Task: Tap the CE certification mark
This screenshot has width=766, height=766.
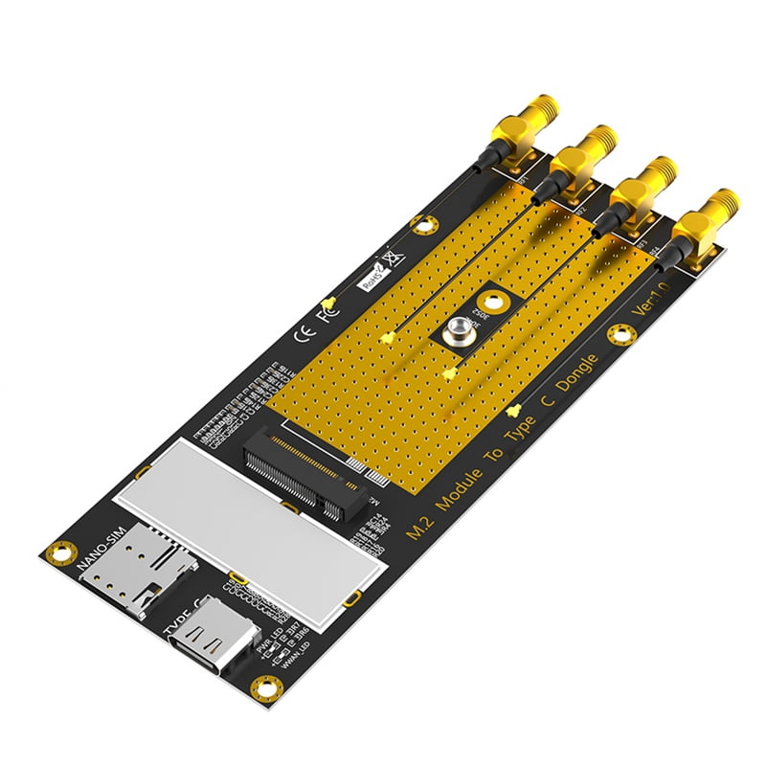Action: pyautogui.click(x=300, y=334)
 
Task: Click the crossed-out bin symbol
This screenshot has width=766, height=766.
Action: pyautogui.click(x=390, y=258)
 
